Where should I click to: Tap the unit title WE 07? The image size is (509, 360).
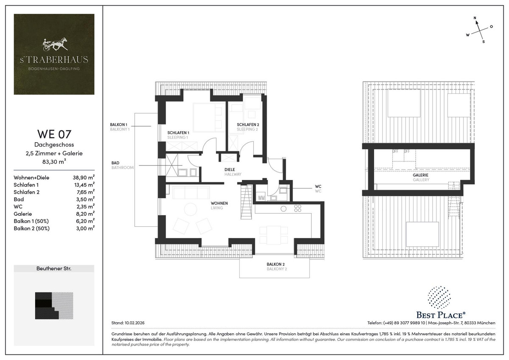(x=54, y=135)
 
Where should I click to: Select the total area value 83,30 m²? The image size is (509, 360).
(x=54, y=161)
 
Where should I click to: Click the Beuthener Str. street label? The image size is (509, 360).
(x=54, y=269)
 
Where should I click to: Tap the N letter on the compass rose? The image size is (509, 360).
(x=475, y=18)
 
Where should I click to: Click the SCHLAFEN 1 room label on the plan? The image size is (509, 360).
(x=178, y=132)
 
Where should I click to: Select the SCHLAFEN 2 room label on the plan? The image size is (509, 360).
(x=247, y=124)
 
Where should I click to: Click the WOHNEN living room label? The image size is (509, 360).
(x=219, y=203)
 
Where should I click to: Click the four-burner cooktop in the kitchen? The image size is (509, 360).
(x=297, y=208)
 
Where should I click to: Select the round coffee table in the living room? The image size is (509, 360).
(x=190, y=210)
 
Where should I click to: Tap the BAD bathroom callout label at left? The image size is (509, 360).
(x=115, y=163)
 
